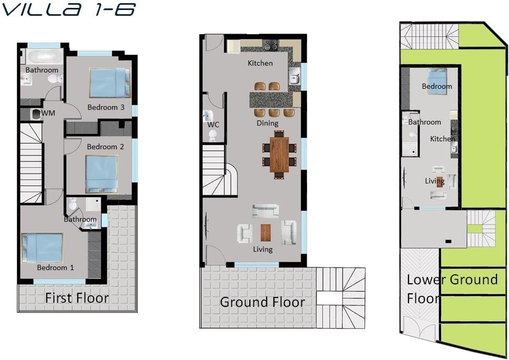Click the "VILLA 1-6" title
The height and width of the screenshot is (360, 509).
click(x=68, y=9)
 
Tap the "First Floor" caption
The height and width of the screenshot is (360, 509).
click(x=77, y=298)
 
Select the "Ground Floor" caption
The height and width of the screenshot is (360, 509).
click(x=262, y=302)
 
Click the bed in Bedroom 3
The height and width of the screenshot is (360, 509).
click(x=110, y=83)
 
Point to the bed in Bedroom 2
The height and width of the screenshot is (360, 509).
click(x=101, y=174)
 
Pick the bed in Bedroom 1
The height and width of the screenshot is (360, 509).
click(x=42, y=248)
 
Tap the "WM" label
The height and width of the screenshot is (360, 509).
click(x=48, y=113)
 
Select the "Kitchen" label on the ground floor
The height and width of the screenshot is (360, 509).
click(x=260, y=63)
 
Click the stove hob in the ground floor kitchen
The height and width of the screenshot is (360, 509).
click(x=270, y=45)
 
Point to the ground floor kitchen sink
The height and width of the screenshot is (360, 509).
click(x=295, y=77)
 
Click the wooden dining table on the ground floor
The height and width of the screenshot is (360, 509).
click(x=279, y=155)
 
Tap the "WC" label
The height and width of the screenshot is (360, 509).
click(x=213, y=125)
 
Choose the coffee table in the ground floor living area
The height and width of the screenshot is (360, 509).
click(x=266, y=232)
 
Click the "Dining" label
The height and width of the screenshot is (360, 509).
click(x=268, y=124)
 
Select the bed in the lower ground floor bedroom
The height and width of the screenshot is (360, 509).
click(x=437, y=81)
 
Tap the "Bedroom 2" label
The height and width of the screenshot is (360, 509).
click(x=105, y=147)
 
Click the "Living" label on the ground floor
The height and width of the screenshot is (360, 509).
click(x=262, y=249)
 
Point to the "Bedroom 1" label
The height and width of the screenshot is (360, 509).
click(x=55, y=268)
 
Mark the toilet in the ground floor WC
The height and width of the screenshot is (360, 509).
click(x=212, y=136)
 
